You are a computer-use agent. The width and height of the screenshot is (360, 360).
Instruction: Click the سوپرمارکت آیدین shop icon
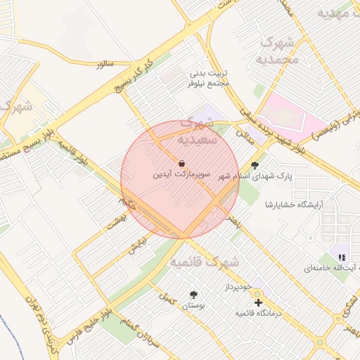pyautogui.click(x=181, y=162)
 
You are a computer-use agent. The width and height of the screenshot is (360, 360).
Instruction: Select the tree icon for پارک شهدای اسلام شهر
pyautogui.click(x=254, y=165)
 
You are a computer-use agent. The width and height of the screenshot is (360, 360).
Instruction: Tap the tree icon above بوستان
pyautogui.click(x=193, y=295)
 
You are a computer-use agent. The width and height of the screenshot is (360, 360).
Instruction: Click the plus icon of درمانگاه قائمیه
pyautogui.click(x=258, y=302)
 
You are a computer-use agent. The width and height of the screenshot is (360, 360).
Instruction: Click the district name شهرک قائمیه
pyautogui.click(x=205, y=262)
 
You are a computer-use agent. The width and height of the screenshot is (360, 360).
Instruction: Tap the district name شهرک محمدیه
pyautogui.click(x=280, y=51)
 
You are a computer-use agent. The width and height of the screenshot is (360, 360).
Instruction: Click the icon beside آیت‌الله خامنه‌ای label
pyautogui.click(x=342, y=258)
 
